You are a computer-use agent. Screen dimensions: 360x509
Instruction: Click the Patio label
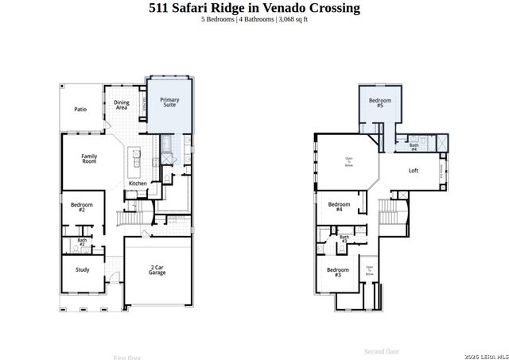(80, 110)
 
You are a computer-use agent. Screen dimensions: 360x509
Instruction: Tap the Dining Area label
(122, 104)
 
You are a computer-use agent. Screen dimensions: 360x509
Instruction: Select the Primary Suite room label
(169, 103)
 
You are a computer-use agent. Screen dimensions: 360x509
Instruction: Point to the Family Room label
(89, 158)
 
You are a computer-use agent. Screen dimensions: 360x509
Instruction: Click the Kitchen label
(138, 184)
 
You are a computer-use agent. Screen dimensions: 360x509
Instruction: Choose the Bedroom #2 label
(82, 207)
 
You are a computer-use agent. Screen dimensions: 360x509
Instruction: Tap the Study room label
(83, 269)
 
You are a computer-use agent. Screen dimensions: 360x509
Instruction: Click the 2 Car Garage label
(157, 270)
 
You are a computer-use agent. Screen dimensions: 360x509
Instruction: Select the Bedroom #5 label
(380, 103)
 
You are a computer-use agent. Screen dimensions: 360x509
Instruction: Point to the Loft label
(414, 171)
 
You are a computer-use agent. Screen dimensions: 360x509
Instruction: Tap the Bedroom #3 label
(332, 271)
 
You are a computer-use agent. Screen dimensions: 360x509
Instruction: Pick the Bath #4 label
(414, 147)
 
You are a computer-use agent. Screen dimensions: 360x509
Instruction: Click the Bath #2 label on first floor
(82, 242)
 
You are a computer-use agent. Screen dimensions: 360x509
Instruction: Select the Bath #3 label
(344, 238)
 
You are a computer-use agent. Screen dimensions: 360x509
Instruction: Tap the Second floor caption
(382, 350)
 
